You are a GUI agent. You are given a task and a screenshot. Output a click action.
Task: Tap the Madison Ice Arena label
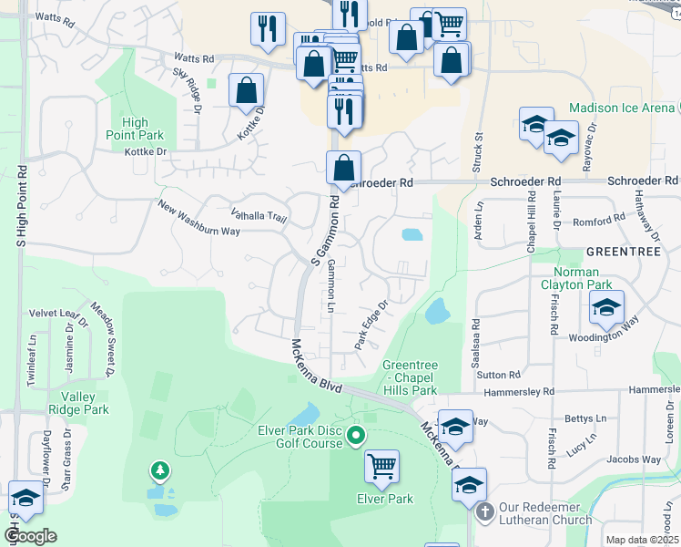622,108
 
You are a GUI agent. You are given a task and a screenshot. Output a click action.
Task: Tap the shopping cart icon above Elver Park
381,467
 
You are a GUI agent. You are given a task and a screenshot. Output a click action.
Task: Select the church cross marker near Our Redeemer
484,512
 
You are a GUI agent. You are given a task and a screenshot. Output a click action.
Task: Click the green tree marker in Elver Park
160,470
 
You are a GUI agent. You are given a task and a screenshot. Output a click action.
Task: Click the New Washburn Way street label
198,218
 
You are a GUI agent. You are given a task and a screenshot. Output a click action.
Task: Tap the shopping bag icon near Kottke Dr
247,90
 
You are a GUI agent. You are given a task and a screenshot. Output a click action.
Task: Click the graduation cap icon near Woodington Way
605,307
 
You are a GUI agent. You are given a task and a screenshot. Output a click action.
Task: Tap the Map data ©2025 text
641,540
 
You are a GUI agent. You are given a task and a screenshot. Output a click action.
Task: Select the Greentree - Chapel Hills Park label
410,377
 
